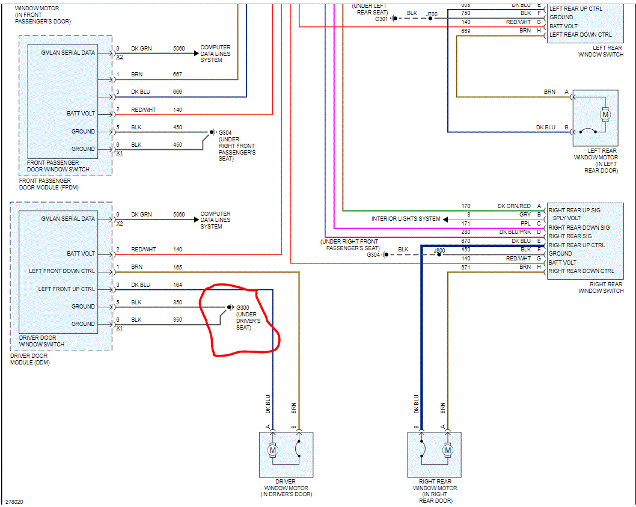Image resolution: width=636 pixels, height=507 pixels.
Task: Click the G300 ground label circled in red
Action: click(243, 307)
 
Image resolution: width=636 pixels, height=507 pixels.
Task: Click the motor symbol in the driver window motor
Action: click(272, 449)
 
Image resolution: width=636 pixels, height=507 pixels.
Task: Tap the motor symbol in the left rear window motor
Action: click(605, 114)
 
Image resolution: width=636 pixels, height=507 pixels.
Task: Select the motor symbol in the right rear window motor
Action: click(447, 449)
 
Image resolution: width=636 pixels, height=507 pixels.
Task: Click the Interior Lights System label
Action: click(406, 219)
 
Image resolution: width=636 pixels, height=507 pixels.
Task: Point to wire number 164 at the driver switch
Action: click(177, 285)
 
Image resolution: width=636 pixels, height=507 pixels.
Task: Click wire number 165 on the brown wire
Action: click(177, 267)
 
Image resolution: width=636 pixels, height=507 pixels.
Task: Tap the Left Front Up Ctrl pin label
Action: click(67, 289)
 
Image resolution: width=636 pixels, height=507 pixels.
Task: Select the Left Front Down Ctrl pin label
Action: click(62, 271)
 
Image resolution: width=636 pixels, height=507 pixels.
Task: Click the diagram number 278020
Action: click(14, 501)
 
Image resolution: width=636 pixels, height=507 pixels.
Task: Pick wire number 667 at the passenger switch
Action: click(177, 75)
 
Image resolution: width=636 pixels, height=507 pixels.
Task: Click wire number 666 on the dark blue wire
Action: click(177, 92)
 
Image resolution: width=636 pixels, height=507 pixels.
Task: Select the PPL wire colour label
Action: click(525, 224)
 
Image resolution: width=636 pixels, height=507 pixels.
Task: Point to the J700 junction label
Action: click(432, 13)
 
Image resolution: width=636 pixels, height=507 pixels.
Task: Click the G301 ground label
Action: click(381, 19)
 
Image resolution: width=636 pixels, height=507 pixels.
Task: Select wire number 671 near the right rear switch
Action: click(466, 267)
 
